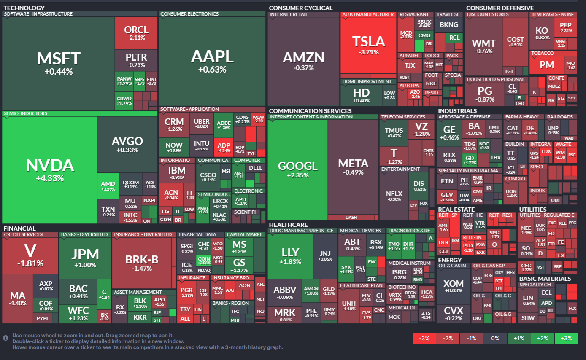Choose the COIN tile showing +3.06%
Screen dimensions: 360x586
pyautogui.click(x=204, y=261)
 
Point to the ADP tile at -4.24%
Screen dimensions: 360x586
pyautogui.click(x=224, y=148)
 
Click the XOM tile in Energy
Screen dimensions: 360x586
pyautogui.click(x=453, y=286)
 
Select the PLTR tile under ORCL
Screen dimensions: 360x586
pyautogui.click(x=136, y=59)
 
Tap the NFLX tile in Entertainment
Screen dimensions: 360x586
pyautogui.click(x=394, y=196)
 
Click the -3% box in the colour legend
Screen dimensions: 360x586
pyautogui.click(x=424, y=338)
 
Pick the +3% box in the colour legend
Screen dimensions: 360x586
pyautogui.click(x=566, y=338)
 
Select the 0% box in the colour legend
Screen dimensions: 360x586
pyautogui.click(x=495, y=338)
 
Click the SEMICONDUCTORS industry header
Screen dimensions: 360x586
pyautogui.click(x=25, y=113)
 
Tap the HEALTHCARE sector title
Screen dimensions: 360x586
pyautogui.click(x=288, y=225)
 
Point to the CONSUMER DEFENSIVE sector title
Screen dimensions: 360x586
pyautogui.click(x=500, y=8)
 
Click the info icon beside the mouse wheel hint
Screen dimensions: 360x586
pyautogui.click(x=6, y=338)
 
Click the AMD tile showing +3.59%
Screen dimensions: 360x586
pyautogui.click(x=108, y=186)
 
